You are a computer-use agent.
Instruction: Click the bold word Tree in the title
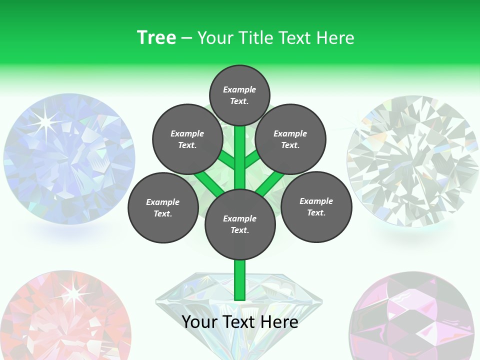coord(156,37)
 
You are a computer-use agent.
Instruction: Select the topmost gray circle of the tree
coord(239,95)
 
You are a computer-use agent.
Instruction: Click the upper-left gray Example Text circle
coord(187,139)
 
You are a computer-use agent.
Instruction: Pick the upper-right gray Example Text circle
coord(290,139)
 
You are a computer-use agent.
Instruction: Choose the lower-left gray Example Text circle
coord(162,207)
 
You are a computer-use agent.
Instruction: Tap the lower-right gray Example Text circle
coord(316,206)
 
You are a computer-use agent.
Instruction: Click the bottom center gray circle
coord(240,224)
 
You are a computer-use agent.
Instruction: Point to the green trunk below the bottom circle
coord(240,280)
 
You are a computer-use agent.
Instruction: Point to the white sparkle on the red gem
coord(74,294)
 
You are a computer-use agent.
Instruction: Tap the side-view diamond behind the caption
coord(190,300)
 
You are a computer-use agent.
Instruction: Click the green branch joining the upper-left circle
coord(228,161)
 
